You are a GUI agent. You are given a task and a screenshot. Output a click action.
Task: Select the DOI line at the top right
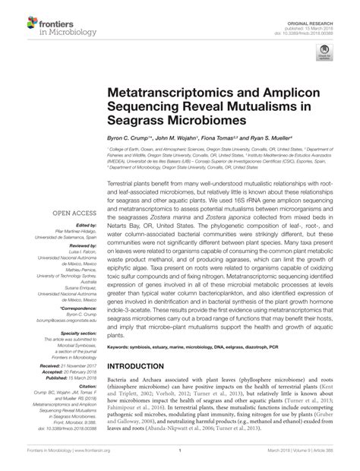point(311,20)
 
